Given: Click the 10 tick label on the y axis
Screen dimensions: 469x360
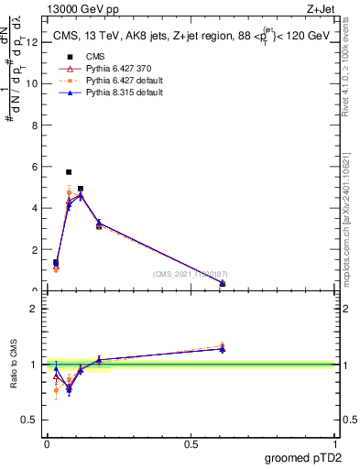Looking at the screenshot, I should click(x=32, y=83).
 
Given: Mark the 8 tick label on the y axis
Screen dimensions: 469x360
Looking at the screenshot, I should click(x=34, y=125).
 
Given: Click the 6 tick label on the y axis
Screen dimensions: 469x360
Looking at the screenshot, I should click(x=34, y=167).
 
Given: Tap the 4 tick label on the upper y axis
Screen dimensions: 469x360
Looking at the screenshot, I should click(x=34, y=208).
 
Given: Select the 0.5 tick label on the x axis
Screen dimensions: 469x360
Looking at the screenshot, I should click(x=191, y=444).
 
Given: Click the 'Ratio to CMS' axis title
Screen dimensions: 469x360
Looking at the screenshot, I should click(x=15, y=365).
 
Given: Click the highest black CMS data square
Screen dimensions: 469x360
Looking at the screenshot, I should click(x=69, y=171).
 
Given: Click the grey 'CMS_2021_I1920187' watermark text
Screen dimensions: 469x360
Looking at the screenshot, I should click(x=191, y=274).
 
